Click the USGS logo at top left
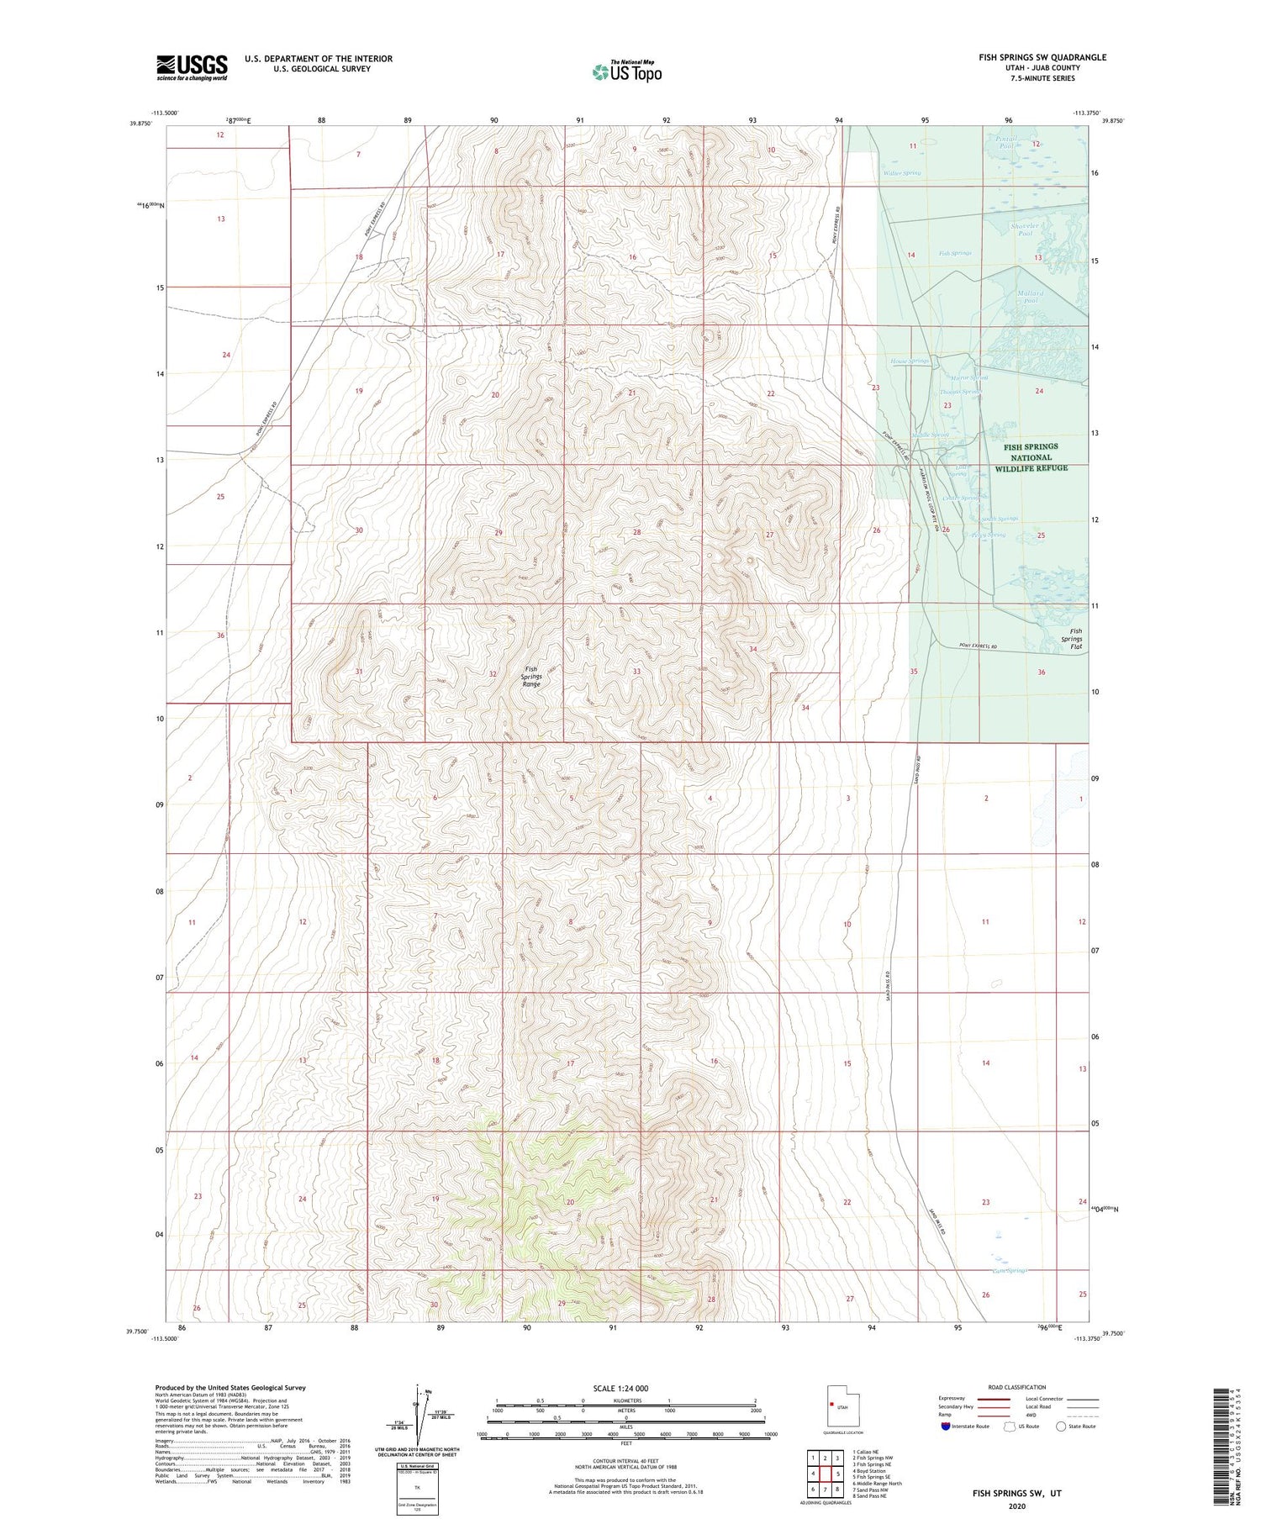pos(192,67)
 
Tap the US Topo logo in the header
pos(627,71)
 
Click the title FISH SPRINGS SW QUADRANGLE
pos(1042,57)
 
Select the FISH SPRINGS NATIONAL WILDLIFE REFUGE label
pos(1031,457)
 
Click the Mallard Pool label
pos(1031,297)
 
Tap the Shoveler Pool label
pos(1026,229)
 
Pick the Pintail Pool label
pos(1007,142)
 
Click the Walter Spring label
pos(901,173)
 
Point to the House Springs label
pos(910,361)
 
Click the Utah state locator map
pos(843,1405)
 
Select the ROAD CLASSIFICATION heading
pos(1016,1387)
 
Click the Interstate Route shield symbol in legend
pos(946,1426)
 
